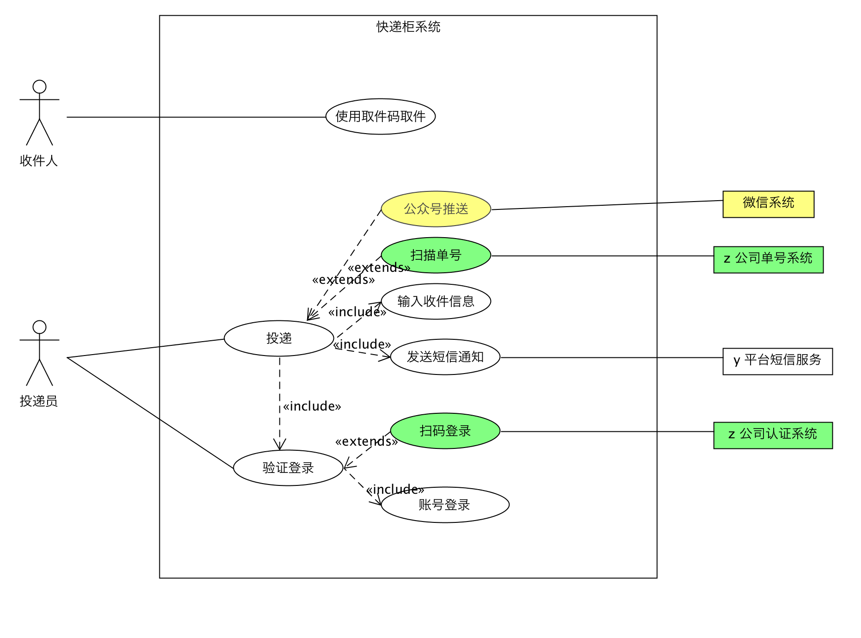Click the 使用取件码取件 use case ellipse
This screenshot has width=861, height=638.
pyautogui.click(x=380, y=117)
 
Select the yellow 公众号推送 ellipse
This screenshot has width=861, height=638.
pyautogui.click(x=436, y=209)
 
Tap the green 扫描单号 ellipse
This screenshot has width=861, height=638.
pyautogui.click(x=436, y=255)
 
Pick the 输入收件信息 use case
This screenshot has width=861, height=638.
pyautogui.click(x=436, y=301)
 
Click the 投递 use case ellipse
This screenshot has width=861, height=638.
pyautogui.click(x=279, y=338)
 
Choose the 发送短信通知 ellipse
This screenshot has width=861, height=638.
pyautogui.click(x=445, y=357)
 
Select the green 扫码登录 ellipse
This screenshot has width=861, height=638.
pyautogui.click(x=445, y=431)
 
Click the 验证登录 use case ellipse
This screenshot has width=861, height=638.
pyautogui.click(x=288, y=468)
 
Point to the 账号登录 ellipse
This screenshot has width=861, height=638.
pyautogui.click(x=445, y=505)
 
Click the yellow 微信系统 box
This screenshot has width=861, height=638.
pyautogui.click(x=768, y=204)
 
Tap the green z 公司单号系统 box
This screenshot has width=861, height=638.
pyautogui.click(x=768, y=259)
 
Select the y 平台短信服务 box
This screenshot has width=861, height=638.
pyautogui.click(x=777, y=361)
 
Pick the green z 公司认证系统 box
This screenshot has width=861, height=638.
pyautogui.click(x=773, y=435)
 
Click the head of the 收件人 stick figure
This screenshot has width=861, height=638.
pyautogui.click(x=39, y=86)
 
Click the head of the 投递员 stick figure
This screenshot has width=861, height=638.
pyautogui.click(x=39, y=327)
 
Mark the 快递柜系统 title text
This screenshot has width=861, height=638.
pyautogui.click(x=408, y=27)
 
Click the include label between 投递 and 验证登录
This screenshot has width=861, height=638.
pyautogui.click(x=312, y=406)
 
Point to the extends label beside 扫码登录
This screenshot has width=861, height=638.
pyautogui.click(x=366, y=442)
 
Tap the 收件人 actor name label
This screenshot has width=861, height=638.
pyautogui.click(x=39, y=161)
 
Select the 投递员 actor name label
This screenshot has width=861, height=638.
pyautogui.click(x=39, y=401)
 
